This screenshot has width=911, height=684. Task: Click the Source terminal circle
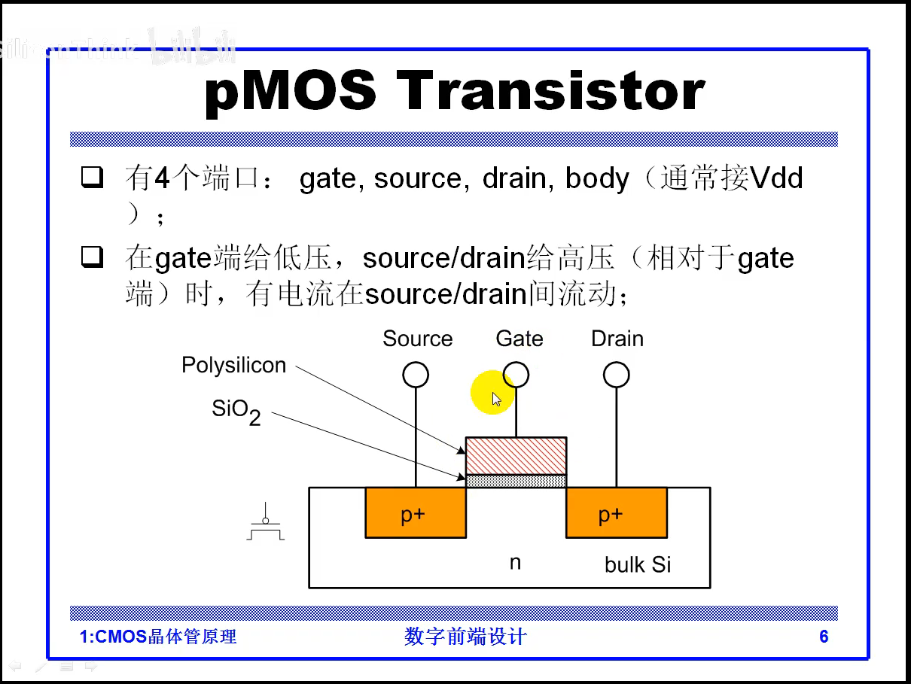(x=416, y=375)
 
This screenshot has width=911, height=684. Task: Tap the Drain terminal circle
(x=617, y=375)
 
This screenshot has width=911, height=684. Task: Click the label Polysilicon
(x=234, y=366)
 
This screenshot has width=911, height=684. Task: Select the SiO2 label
(x=236, y=412)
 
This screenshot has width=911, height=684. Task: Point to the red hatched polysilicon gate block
(x=516, y=455)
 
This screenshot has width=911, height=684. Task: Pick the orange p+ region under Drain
(x=616, y=512)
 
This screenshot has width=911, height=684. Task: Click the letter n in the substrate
(x=515, y=563)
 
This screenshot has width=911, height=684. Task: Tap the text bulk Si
(x=638, y=565)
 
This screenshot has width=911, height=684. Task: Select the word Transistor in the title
(x=550, y=92)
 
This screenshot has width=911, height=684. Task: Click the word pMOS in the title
(x=291, y=92)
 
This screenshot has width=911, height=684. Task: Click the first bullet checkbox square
(x=92, y=178)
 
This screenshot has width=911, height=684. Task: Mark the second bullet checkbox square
(x=92, y=258)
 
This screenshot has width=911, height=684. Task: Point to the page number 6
(x=824, y=637)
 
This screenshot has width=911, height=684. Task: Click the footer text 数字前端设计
(x=465, y=637)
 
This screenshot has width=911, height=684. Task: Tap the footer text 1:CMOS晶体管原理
(x=158, y=637)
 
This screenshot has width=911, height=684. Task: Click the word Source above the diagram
(x=417, y=339)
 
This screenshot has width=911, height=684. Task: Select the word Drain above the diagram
(x=617, y=339)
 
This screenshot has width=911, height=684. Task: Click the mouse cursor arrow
(x=496, y=399)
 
